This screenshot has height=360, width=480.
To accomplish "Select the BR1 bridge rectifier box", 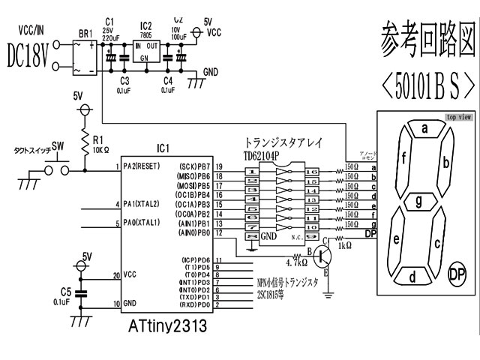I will [x=84, y=56].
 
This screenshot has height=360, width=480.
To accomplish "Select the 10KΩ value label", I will [x=103, y=150].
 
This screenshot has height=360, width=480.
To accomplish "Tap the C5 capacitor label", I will [x=67, y=290].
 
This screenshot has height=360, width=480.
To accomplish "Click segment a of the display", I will [x=424, y=129].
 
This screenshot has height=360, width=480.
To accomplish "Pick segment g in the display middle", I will [x=421, y=200].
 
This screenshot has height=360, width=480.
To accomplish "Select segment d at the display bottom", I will [x=411, y=276].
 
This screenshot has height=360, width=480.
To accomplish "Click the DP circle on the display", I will [x=457, y=274].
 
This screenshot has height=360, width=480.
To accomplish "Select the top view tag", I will [x=458, y=117].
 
